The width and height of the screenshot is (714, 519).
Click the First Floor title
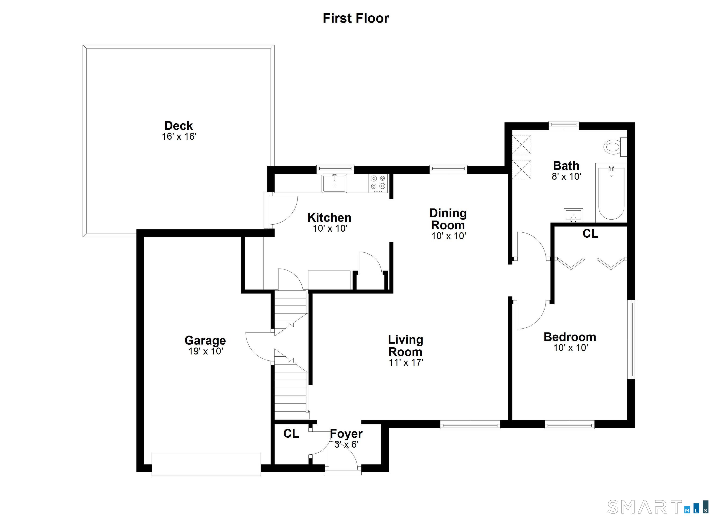[356, 18]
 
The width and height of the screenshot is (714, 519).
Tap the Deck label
[178, 126]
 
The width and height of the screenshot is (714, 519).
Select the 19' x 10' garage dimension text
[205, 351]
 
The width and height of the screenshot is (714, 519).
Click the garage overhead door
[206, 464]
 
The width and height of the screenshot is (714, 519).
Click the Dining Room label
[448, 219]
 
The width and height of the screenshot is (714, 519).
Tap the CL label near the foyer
[291, 434]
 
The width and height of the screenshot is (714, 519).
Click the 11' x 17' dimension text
[406, 363]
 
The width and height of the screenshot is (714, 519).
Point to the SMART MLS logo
[658, 506]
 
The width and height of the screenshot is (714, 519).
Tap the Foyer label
[346, 434]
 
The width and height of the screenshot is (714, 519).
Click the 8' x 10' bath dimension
[566, 176]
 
